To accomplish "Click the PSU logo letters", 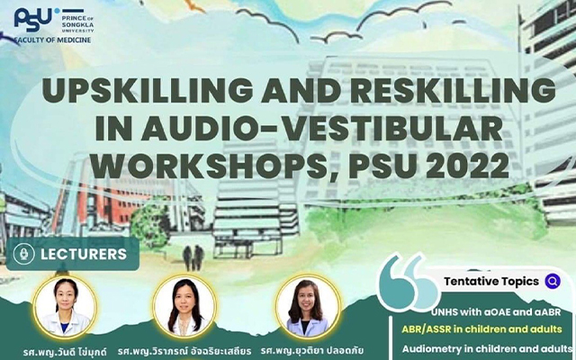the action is pos(32,20).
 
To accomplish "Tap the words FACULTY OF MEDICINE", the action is pos(52,40).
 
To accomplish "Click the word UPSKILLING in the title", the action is pos(148,90).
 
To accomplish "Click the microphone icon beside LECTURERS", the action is pos(24,254).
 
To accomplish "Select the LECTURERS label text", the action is pos(84,254).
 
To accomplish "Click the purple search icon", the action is pos(553,282).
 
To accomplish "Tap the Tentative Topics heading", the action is pos(491,282).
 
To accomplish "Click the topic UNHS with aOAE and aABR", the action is pos(496,312).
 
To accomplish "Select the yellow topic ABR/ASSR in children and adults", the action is pos(482,328).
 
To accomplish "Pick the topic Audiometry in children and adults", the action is pos(487,348).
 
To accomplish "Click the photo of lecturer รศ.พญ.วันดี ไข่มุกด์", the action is pos(66,307).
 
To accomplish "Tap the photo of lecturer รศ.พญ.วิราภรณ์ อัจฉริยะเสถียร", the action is pos(184,306).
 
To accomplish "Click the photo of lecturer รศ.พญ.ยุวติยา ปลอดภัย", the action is pos(308,306).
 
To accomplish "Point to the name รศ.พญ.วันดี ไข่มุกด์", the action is pos(65,352).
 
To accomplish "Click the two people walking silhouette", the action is pos(193,258).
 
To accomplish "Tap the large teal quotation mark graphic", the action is pos(409,283).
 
